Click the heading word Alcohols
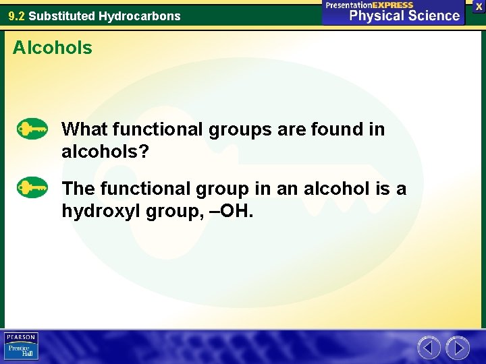coord(52,48)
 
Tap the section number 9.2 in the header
coord(17,16)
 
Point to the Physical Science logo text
coord(404,16)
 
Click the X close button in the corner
coord(479,6)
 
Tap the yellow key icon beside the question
coord(32,128)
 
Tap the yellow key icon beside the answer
coord(32,187)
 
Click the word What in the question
coord(85,129)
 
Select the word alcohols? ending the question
coord(105,152)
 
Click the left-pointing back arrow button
coord(429,348)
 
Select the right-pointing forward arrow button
coord(458,348)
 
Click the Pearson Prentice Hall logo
coord(21,346)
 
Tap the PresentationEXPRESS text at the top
coord(369,5)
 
